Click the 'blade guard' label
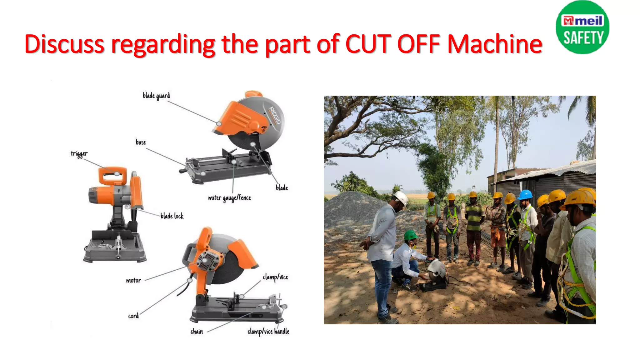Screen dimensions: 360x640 click(x=156, y=96)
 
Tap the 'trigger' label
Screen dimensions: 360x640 click(x=79, y=154)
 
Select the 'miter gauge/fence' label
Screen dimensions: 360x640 click(x=229, y=198)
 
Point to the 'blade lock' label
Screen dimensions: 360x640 click(x=172, y=216)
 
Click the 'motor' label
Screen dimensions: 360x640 click(x=133, y=281)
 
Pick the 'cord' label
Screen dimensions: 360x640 click(x=133, y=316)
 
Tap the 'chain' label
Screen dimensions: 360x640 click(x=197, y=332)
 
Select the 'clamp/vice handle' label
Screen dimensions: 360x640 click(x=268, y=332)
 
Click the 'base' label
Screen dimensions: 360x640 click(x=141, y=142)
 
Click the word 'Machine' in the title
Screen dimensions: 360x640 click(x=495, y=44)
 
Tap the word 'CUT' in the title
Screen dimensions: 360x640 click(x=368, y=44)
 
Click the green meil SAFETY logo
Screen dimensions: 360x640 click(x=582, y=27)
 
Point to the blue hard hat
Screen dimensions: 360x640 click(x=525, y=194)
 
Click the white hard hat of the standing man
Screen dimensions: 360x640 click(x=401, y=197)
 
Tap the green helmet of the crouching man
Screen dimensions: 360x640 click(x=410, y=235)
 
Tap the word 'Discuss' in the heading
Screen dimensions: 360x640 click(x=64, y=44)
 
